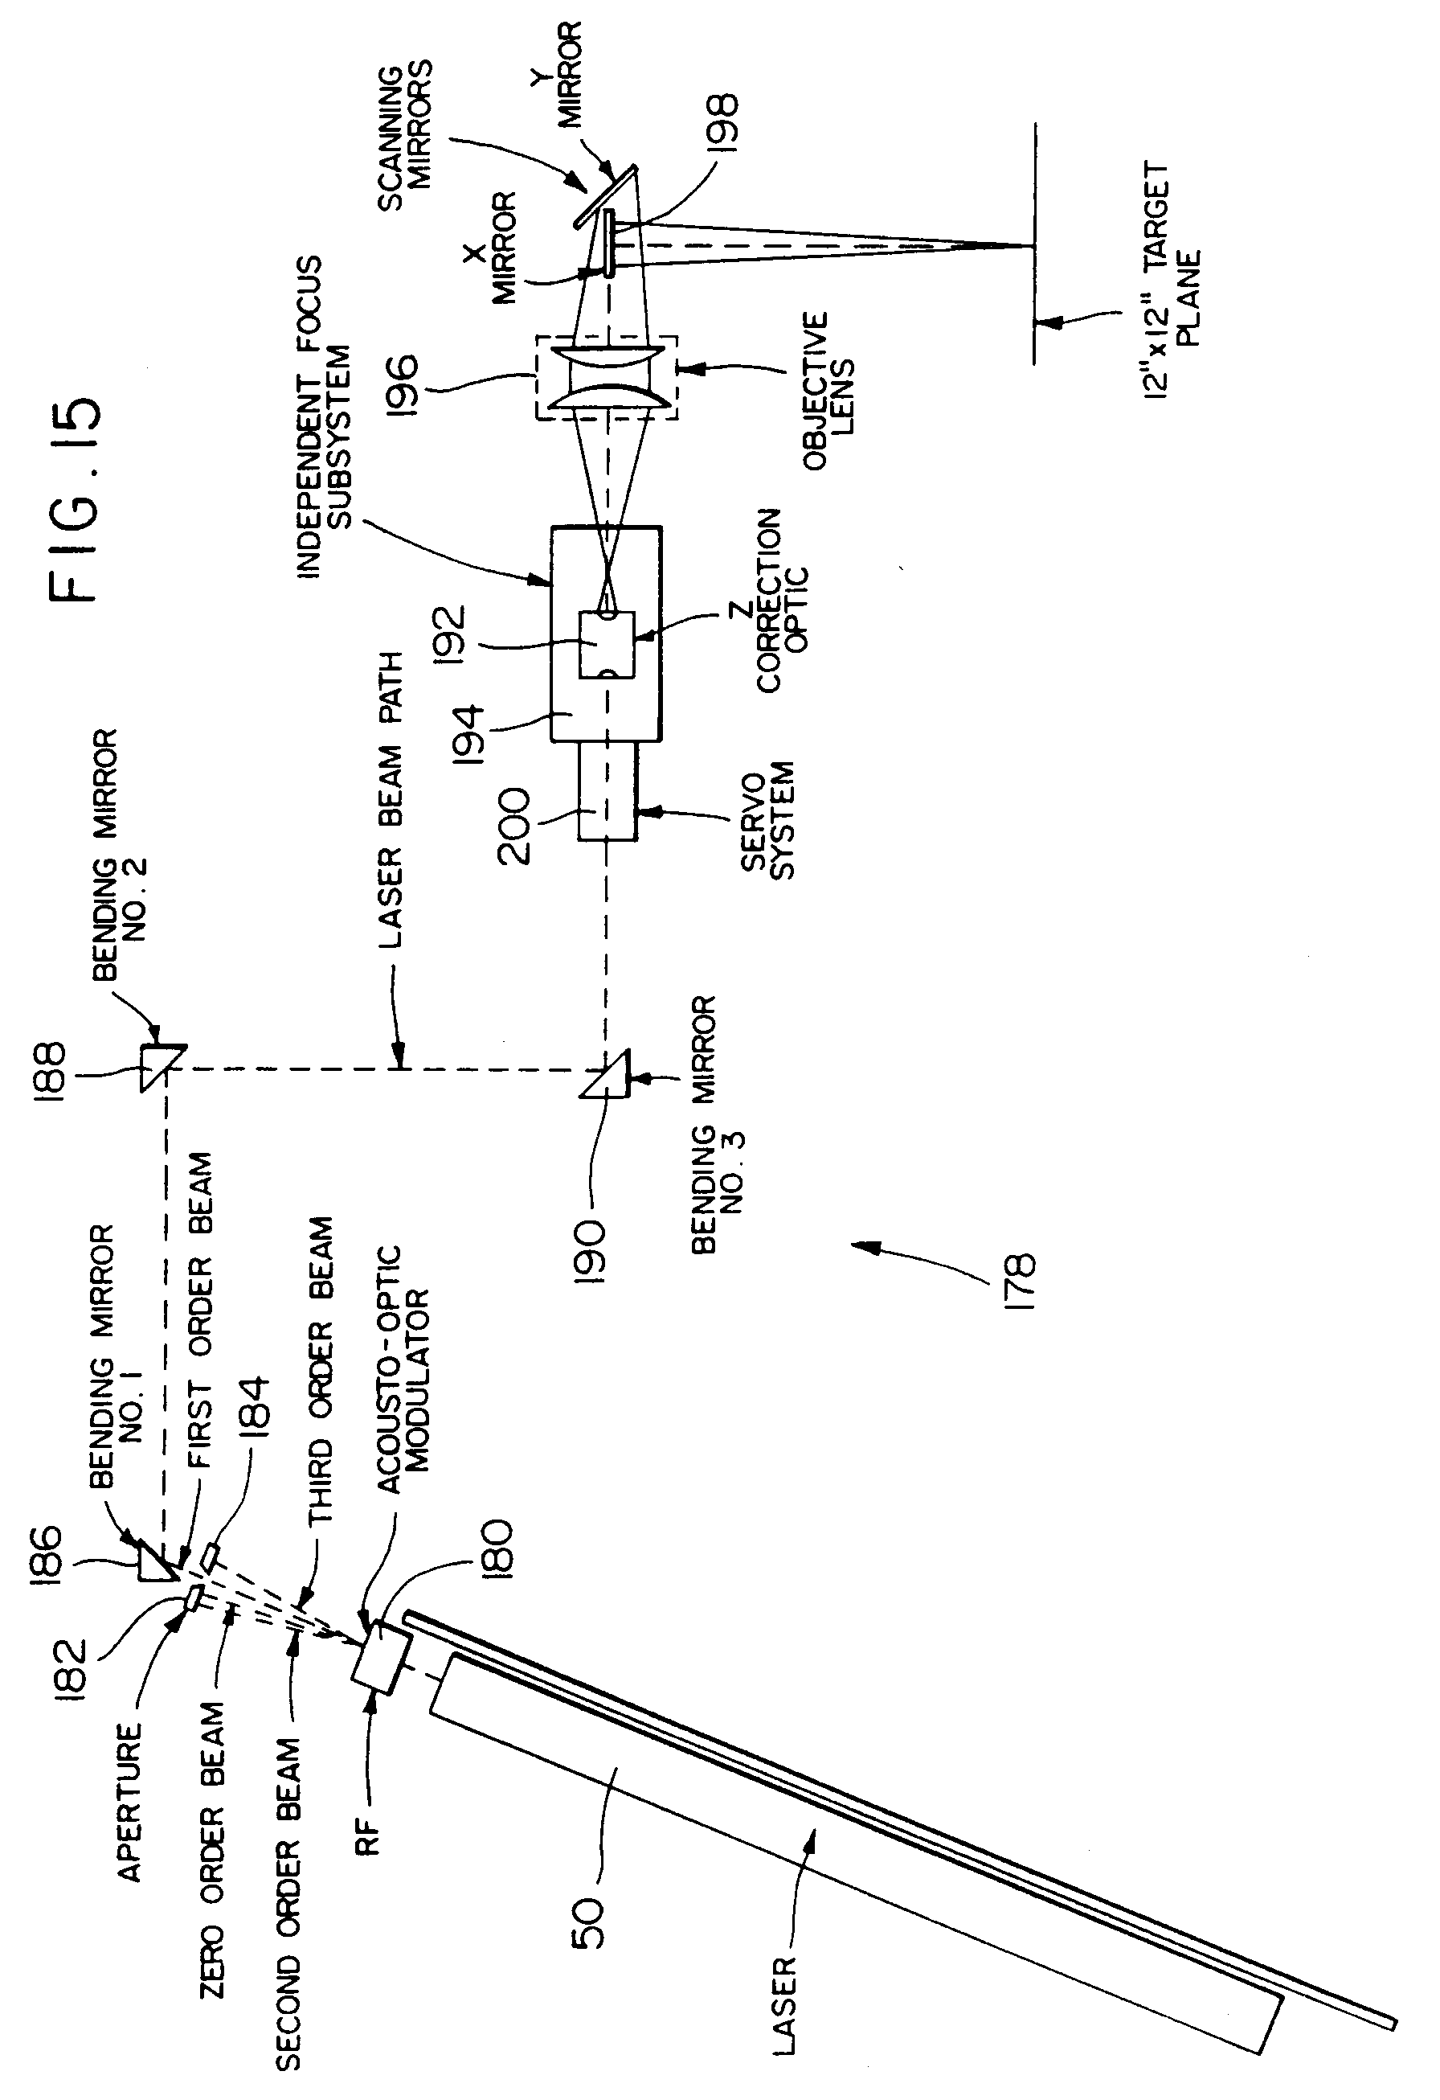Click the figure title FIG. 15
(75, 500)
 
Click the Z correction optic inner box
(606, 644)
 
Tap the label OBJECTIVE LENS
(828, 392)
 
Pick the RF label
(370, 1833)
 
